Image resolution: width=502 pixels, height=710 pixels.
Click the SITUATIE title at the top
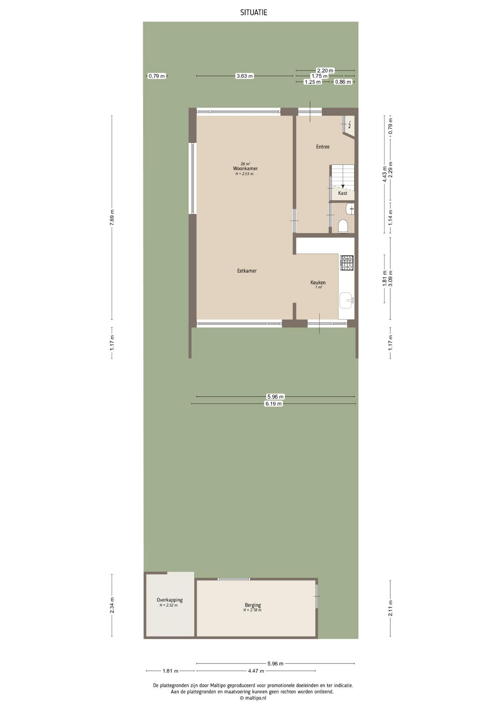pos(254,13)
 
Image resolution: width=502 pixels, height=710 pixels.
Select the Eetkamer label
pos(247,271)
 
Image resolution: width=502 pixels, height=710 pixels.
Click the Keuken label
pos(318,283)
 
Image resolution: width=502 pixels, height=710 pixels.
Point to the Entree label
pos(323,147)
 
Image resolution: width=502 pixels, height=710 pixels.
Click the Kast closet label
pos(343,193)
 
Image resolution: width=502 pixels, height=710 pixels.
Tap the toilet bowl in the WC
pos(343,226)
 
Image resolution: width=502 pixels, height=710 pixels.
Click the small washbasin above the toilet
pos(350,209)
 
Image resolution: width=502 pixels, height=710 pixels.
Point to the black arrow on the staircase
pos(343,186)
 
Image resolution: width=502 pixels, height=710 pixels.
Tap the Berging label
pos(253,605)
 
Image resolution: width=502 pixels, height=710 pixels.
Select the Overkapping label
pos(170,600)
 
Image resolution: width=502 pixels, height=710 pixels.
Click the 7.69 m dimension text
pos(112,218)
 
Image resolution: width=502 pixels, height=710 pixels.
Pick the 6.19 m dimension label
pos(274,404)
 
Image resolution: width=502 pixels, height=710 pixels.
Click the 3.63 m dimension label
pos(245,76)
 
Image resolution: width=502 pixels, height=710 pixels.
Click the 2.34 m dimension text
pos(112,605)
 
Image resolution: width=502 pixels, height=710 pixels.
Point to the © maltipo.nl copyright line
pos(253,698)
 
